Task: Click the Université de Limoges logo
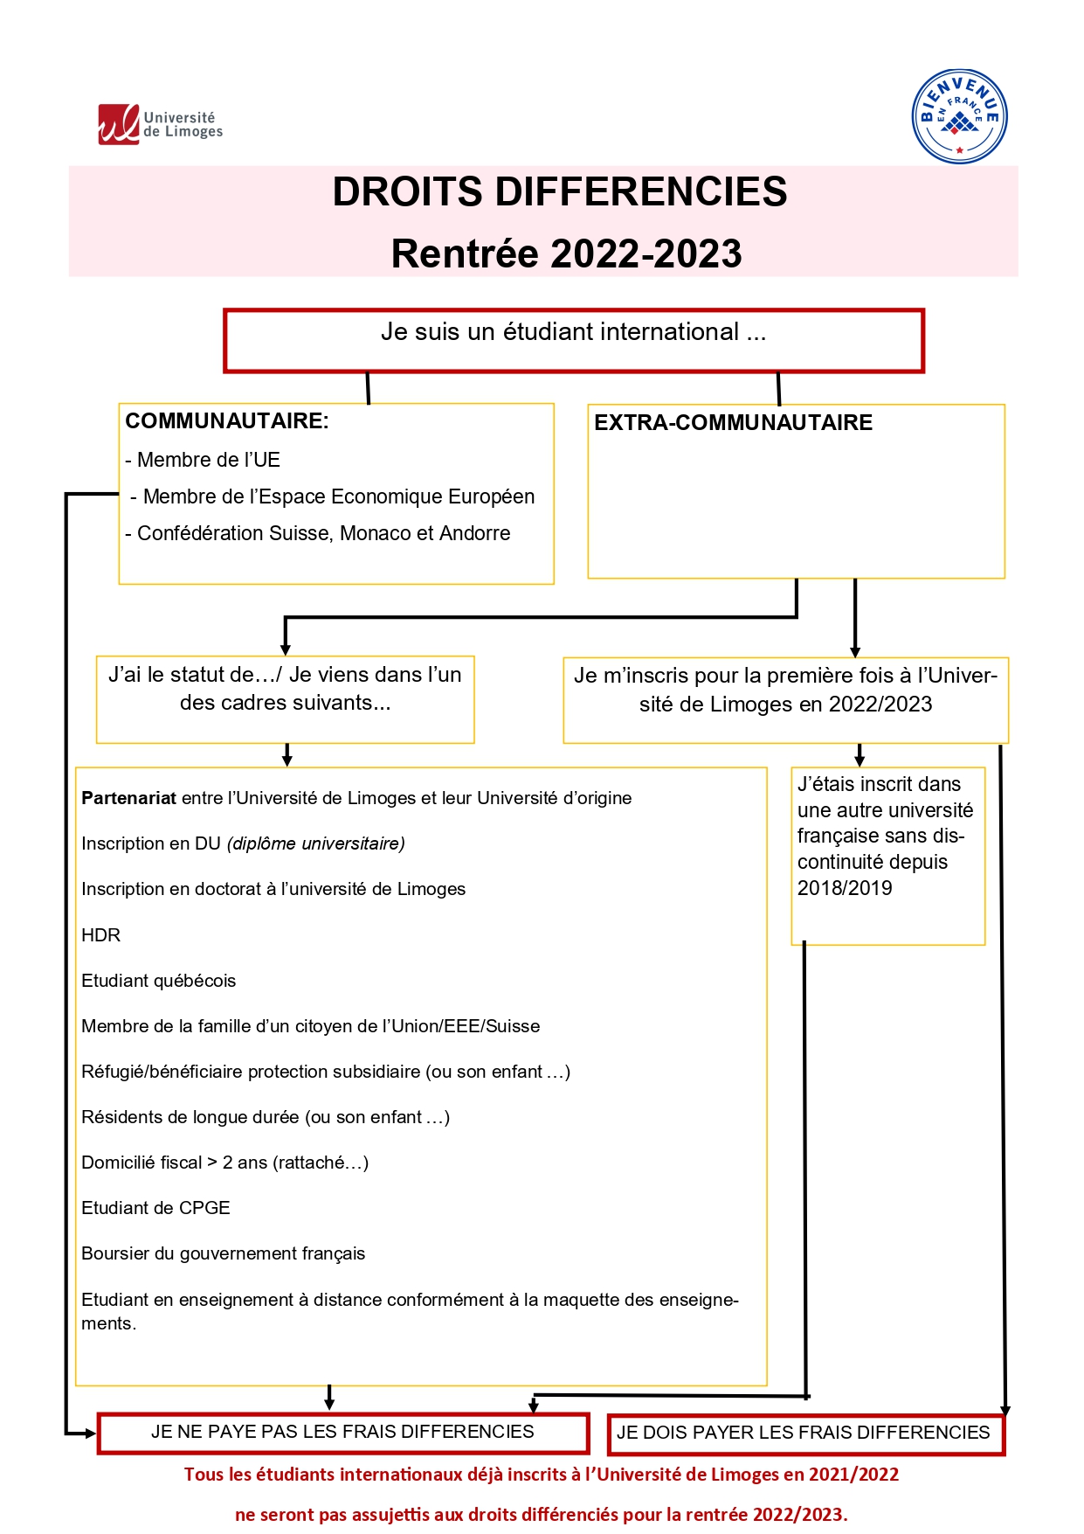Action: coord(160,124)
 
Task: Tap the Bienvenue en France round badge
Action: coord(959,116)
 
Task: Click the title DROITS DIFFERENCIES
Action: coord(559,192)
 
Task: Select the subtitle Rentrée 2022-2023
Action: coord(566,254)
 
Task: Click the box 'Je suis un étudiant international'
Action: coord(573,340)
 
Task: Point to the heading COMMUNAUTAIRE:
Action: coord(227,421)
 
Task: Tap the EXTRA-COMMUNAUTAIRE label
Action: coord(733,423)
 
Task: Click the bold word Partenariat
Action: coord(128,798)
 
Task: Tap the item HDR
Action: coord(100,935)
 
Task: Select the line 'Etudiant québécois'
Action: coord(158,981)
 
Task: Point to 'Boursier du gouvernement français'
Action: coord(223,1253)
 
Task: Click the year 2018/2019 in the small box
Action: coord(845,888)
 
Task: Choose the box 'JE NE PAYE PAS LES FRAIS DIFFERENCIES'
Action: coord(342,1432)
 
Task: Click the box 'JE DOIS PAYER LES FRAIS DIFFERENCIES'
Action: coord(804,1433)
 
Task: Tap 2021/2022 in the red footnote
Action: coord(853,1475)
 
